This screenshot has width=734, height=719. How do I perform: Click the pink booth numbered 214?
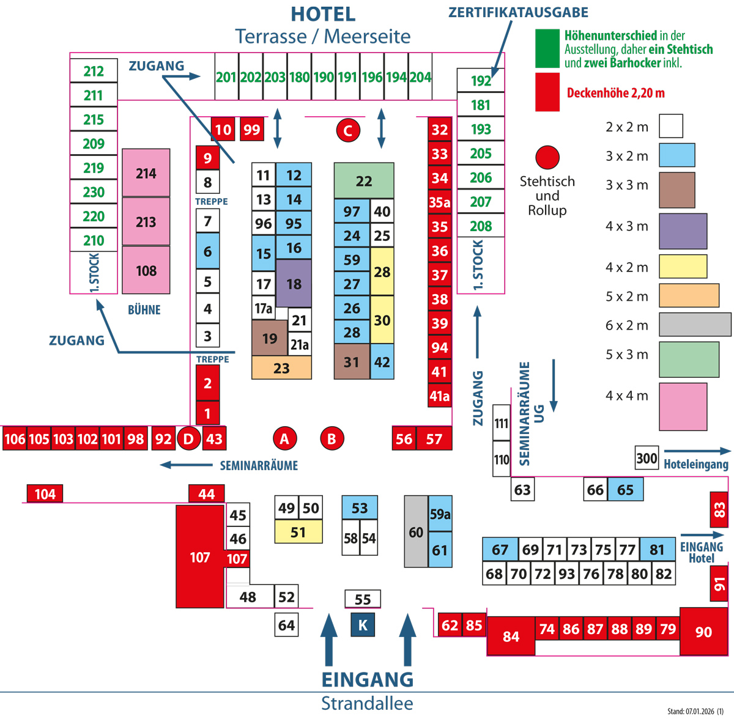pyautogui.click(x=146, y=173)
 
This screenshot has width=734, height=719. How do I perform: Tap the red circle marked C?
pyautogui.click(x=348, y=130)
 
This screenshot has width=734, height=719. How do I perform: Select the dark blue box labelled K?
pyautogui.click(x=363, y=625)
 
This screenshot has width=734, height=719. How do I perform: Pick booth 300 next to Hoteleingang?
pyautogui.click(x=647, y=458)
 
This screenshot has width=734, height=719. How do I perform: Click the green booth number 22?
pyautogui.click(x=364, y=181)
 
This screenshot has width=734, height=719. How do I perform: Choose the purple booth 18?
pyautogui.click(x=294, y=284)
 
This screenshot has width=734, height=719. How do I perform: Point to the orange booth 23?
pyautogui.click(x=281, y=368)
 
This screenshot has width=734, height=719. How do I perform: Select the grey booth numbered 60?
pyautogui.click(x=416, y=532)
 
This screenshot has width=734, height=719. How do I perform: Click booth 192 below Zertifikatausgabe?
pyautogui.click(x=481, y=80)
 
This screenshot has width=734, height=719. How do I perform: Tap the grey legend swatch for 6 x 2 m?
pyautogui.click(x=695, y=325)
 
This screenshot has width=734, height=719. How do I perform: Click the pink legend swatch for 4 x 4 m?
pyautogui.click(x=683, y=407)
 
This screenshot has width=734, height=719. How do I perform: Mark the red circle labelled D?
pyautogui.click(x=188, y=438)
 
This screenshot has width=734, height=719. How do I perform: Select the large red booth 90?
pyautogui.click(x=703, y=632)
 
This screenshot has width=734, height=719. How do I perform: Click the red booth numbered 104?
pyautogui.click(x=45, y=494)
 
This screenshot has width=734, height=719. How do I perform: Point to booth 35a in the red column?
pyautogui.click(x=440, y=202)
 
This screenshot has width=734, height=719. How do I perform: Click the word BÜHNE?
pyautogui.click(x=144, y=310)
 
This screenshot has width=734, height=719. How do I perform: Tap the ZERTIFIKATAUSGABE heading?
pyautogui.click(x=518, y=12)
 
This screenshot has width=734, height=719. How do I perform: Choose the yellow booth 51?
pyautogui.click(x=298, y=532)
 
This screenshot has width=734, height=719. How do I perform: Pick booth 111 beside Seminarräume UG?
pyautogui.click(x=502, y=423)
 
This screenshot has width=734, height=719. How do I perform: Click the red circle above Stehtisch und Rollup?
pyautogui.click(x=547, y=157)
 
